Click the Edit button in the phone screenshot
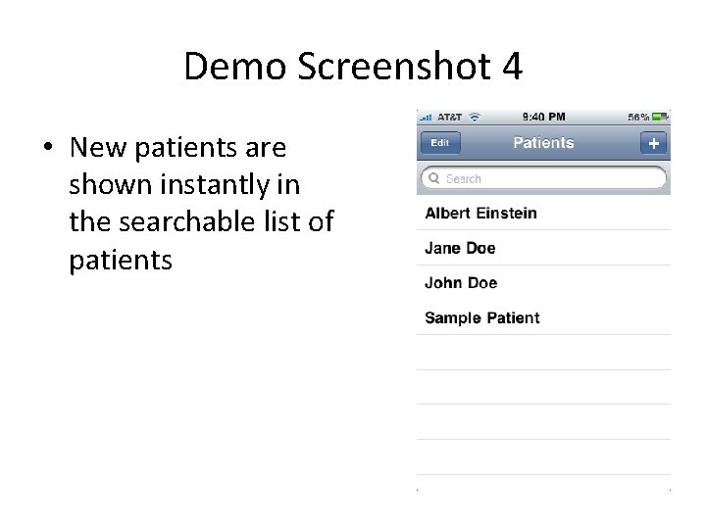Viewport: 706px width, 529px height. coord(440,143)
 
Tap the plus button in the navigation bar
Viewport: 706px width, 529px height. coord(653,143)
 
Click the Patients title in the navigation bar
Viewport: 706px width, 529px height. coord(543,143)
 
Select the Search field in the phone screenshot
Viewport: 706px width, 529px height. coord(544,179)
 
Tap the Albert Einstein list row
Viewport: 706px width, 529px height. coord(481,214)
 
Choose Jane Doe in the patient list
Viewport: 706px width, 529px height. coord(460,248)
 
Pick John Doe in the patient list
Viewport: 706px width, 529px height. coord(461,283)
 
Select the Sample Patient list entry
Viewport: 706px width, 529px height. coord(482,318)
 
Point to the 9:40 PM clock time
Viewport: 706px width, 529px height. coord(545,117)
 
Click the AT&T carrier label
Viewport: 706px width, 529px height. coord(449,117)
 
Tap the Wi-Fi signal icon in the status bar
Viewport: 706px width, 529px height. coord(475,117)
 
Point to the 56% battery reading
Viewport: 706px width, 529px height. coord(638,117)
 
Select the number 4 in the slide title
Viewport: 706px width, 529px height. coord(511,67)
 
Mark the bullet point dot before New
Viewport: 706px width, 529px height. coord(47,149)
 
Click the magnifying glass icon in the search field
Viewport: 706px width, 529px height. coord(433,179)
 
